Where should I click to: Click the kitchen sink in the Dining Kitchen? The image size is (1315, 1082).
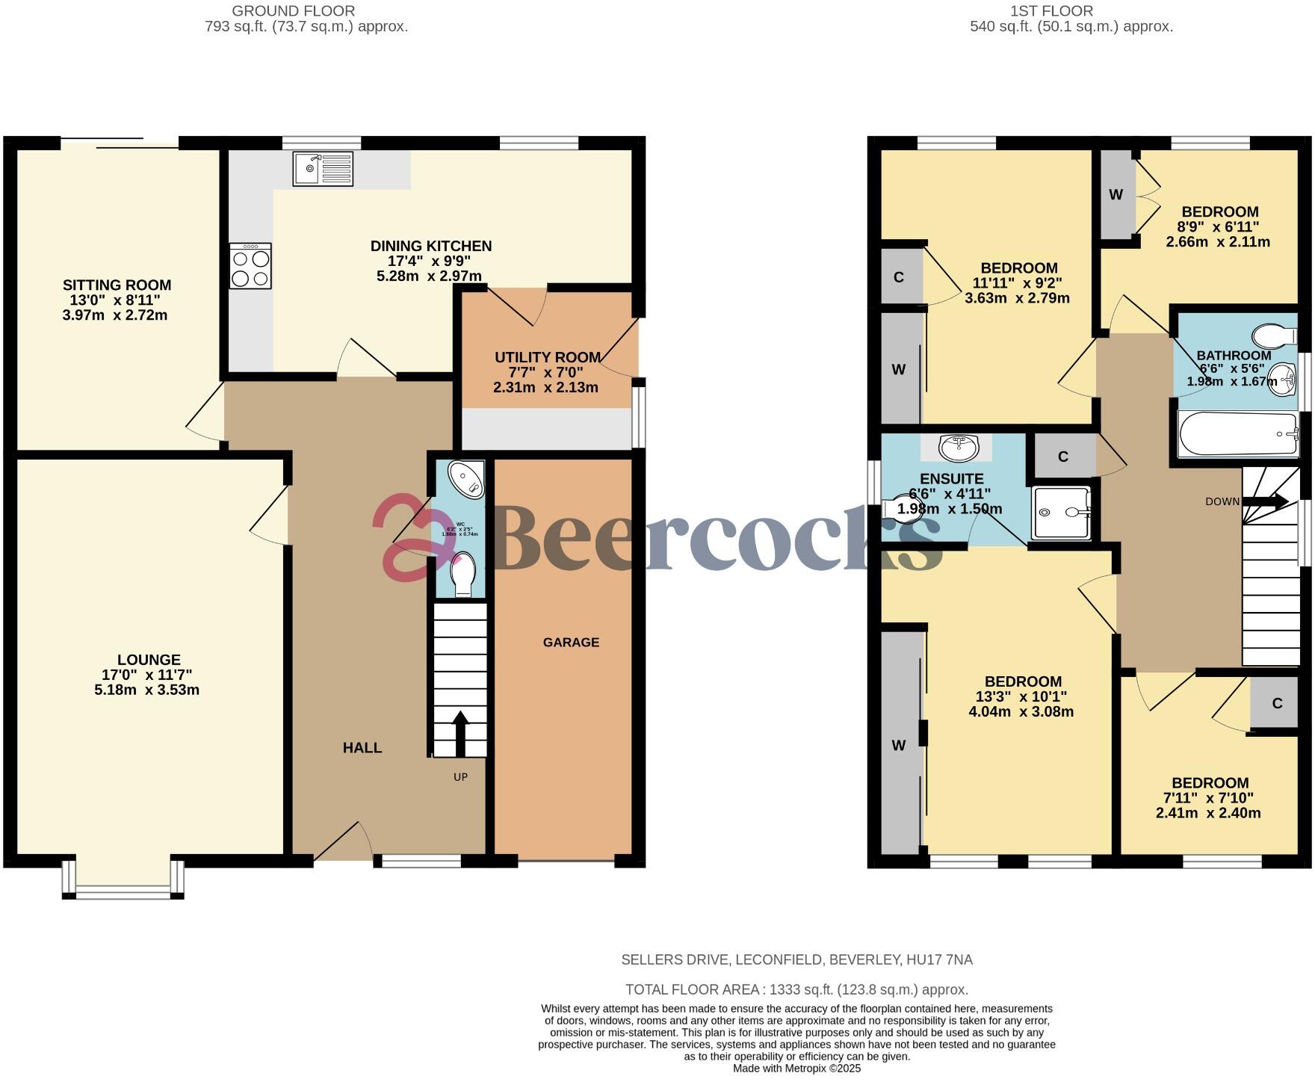[x=322, y=168]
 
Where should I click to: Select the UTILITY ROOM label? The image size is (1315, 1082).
[x=547, y=358]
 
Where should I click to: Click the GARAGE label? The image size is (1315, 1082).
[x=571, y=643]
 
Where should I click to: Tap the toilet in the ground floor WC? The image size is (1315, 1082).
[x=463, y=573]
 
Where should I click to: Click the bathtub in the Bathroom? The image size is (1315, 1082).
[x=1238, y=434]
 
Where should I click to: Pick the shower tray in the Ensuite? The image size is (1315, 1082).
[x=1060, y=513]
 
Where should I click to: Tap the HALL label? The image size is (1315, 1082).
[x=362, y=748]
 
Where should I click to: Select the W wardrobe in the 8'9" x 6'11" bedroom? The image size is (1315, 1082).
[x=1116, y=195]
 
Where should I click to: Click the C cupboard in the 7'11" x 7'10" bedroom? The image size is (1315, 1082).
[x=1277, y=703]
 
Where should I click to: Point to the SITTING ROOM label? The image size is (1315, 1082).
[x=117, y=285]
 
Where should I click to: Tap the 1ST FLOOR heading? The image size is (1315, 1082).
[x=1051, y=11]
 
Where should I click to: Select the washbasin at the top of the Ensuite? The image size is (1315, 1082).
[x=958, y=448]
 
